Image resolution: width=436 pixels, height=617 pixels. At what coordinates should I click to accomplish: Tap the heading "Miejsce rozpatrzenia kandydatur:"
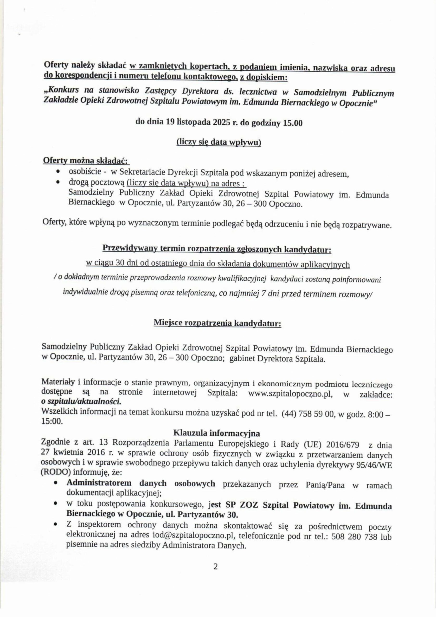217,323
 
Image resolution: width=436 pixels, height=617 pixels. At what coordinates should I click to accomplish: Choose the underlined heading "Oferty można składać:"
86,161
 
